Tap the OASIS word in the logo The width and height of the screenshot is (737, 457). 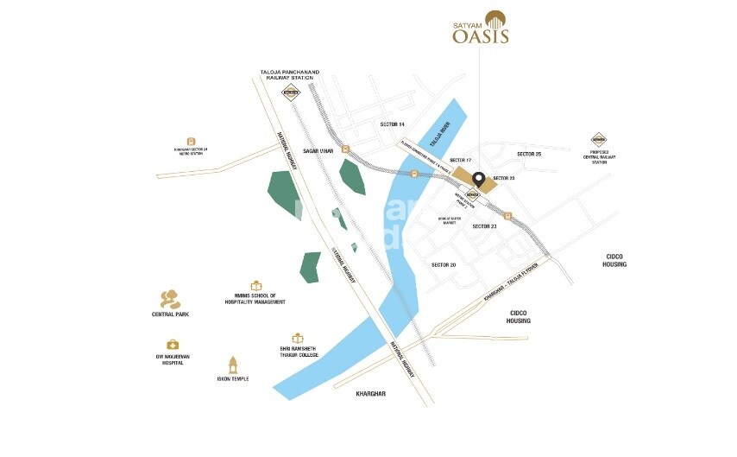click(481, 36)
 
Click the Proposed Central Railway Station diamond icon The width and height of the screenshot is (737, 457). click(598, 139)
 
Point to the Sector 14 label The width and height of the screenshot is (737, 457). click(392, 124)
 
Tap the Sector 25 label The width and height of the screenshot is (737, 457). click(528, 154)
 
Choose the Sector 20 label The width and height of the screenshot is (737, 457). click(443, 264)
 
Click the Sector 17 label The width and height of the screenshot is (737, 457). click(462, 161)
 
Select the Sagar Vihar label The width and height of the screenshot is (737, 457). click(318, 150)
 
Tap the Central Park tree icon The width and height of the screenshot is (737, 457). click(170, 299)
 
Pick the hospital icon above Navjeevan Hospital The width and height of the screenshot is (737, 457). click(173, 345)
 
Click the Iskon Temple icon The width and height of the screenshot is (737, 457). click(232, 364)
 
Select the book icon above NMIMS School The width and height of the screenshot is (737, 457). click(255, 285)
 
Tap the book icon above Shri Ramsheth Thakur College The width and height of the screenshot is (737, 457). click(298, 338)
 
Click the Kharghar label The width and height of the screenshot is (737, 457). click(371, 394)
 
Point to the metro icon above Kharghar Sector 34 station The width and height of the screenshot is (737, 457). click(192, 141)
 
